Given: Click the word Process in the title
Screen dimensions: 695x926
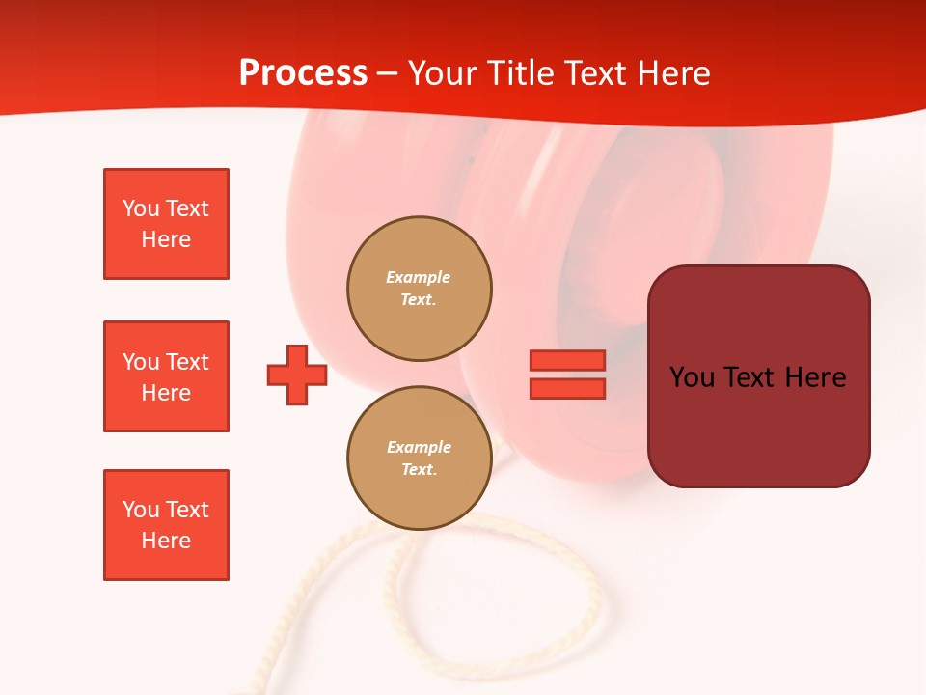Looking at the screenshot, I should (x=303, y=73).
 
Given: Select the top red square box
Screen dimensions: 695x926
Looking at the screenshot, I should (x=166, y=224).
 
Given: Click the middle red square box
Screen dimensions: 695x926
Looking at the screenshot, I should (x=166, y=376).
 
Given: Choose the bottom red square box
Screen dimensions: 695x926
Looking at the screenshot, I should (x=166, y=525).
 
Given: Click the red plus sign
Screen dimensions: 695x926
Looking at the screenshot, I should (x=297, y=375).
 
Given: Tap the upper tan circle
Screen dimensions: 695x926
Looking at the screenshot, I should (x=419, y=289).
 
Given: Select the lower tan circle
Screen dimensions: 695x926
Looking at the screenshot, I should (x=419, y=459).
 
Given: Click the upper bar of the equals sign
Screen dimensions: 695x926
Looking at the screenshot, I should (x=567, y=360).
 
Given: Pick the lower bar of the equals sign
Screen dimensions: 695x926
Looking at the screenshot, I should (x=567, y=388).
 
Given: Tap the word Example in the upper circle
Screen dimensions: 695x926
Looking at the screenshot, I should (x=418, y=277).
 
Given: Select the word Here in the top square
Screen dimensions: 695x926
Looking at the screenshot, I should (x=166, y=239).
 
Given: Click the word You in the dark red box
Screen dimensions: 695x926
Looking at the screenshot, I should (x=691, y=376).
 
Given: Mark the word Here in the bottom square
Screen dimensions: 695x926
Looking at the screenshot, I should (x=166, y=541).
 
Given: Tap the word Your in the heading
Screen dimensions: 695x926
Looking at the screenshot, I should (x=441, y=73).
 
